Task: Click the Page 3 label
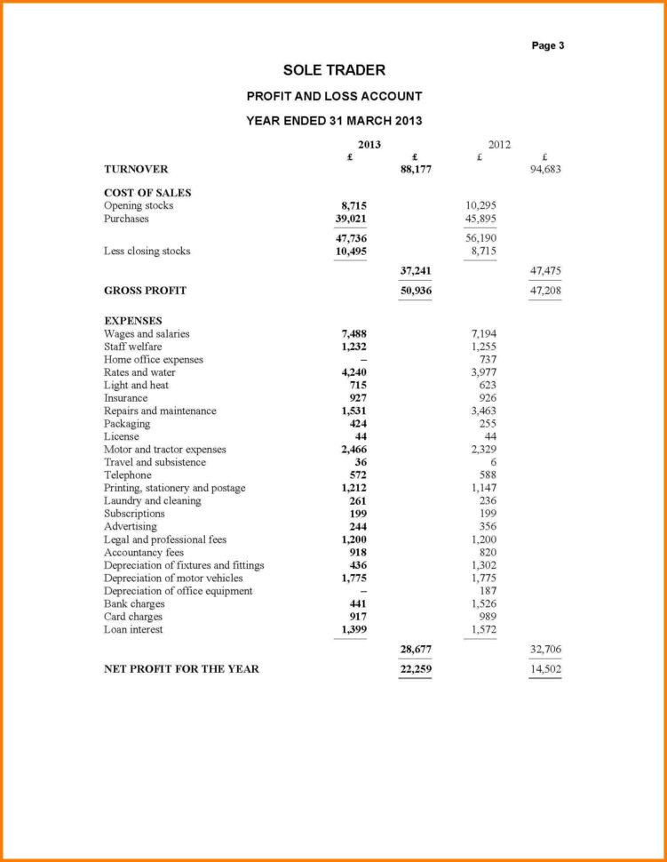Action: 548,45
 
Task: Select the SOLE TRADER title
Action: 334,70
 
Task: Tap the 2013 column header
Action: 369,144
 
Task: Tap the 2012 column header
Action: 499,144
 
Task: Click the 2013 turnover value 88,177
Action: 416,169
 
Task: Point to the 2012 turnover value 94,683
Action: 545,169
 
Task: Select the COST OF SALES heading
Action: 147,192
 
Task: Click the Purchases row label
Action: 126,219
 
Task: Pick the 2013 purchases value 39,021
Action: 351,219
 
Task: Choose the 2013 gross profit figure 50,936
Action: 416,291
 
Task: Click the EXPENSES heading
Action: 133,321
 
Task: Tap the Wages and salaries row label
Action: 147,334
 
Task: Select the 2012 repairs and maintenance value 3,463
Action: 483,411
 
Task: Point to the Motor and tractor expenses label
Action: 164,450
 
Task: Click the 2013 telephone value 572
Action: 358,475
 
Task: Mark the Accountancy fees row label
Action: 143,553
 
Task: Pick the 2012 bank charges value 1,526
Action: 483,604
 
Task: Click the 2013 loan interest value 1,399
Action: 353,630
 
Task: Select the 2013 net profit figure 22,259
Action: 416,669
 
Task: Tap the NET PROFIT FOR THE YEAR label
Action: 181,669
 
